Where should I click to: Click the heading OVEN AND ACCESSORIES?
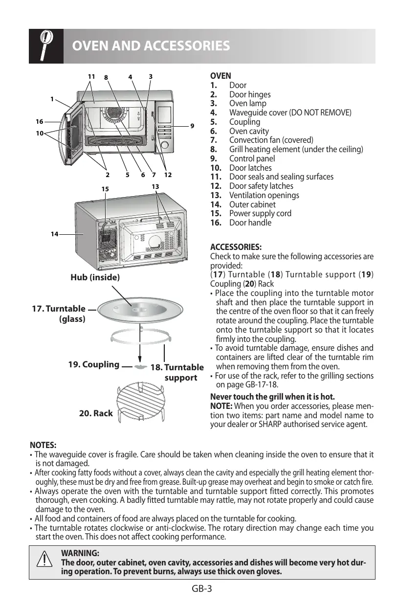click(x=151, y=46)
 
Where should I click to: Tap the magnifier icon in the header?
click(x=45, y=45)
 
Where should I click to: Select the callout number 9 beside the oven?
click(x=193, y=126)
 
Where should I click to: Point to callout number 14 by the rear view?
click(x=54, y=234)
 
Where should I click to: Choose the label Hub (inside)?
click(x=95, y=277)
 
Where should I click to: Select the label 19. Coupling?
click(x=94, y=364)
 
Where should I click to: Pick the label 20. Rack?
click(x=96, y=413)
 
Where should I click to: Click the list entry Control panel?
click(x=252, y=158)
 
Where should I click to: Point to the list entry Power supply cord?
click(x=260, y=213)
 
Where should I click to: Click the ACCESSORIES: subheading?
click(x=236, y=247)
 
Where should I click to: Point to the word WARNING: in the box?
click(x=80, y=553)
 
